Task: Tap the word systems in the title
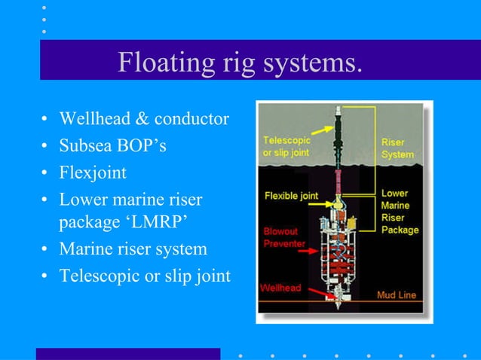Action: coord(312,63)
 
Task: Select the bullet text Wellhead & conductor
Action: coord(144,119)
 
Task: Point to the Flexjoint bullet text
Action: coord(93,173)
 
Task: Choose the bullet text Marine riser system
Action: coord(133,249)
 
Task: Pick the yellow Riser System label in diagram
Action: coord(397,148)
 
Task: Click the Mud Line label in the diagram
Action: coord(396,294)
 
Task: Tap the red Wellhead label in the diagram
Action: coord(280,288)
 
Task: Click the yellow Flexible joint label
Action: coord(291,197)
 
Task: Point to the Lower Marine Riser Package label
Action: coord(400,211)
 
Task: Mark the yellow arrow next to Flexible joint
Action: coord(328,197)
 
